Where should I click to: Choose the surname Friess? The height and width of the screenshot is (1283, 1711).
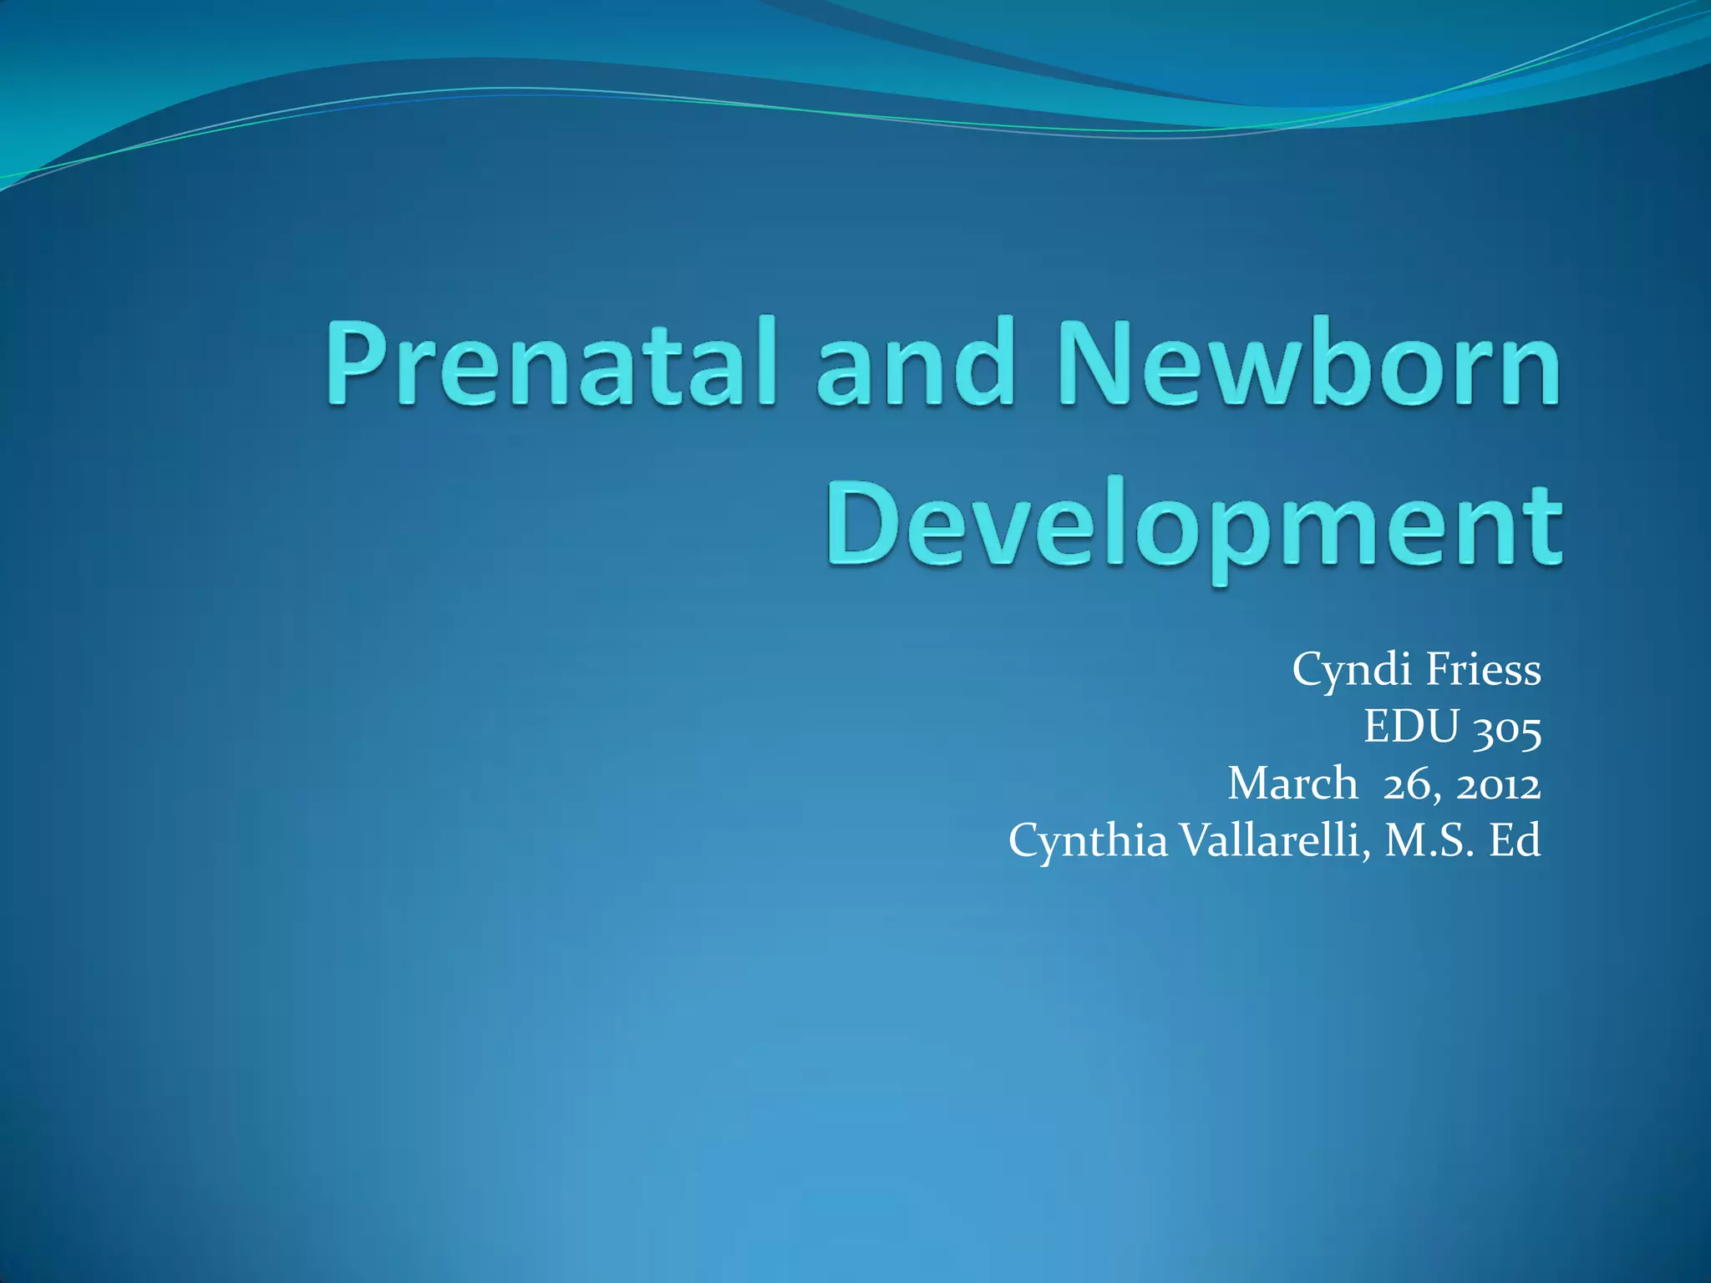(1483, 670)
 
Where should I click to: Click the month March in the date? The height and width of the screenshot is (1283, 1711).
(1292, 783)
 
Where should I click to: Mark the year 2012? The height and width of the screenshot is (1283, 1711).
(1499, 785)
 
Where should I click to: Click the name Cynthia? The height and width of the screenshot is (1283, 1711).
(1088, 840)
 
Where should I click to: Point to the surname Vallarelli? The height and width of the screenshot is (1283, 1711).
(1274, 840)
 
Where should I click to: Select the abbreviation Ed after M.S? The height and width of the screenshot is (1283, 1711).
(1516, 840)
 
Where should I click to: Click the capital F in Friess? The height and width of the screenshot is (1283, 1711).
(1437, 670)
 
